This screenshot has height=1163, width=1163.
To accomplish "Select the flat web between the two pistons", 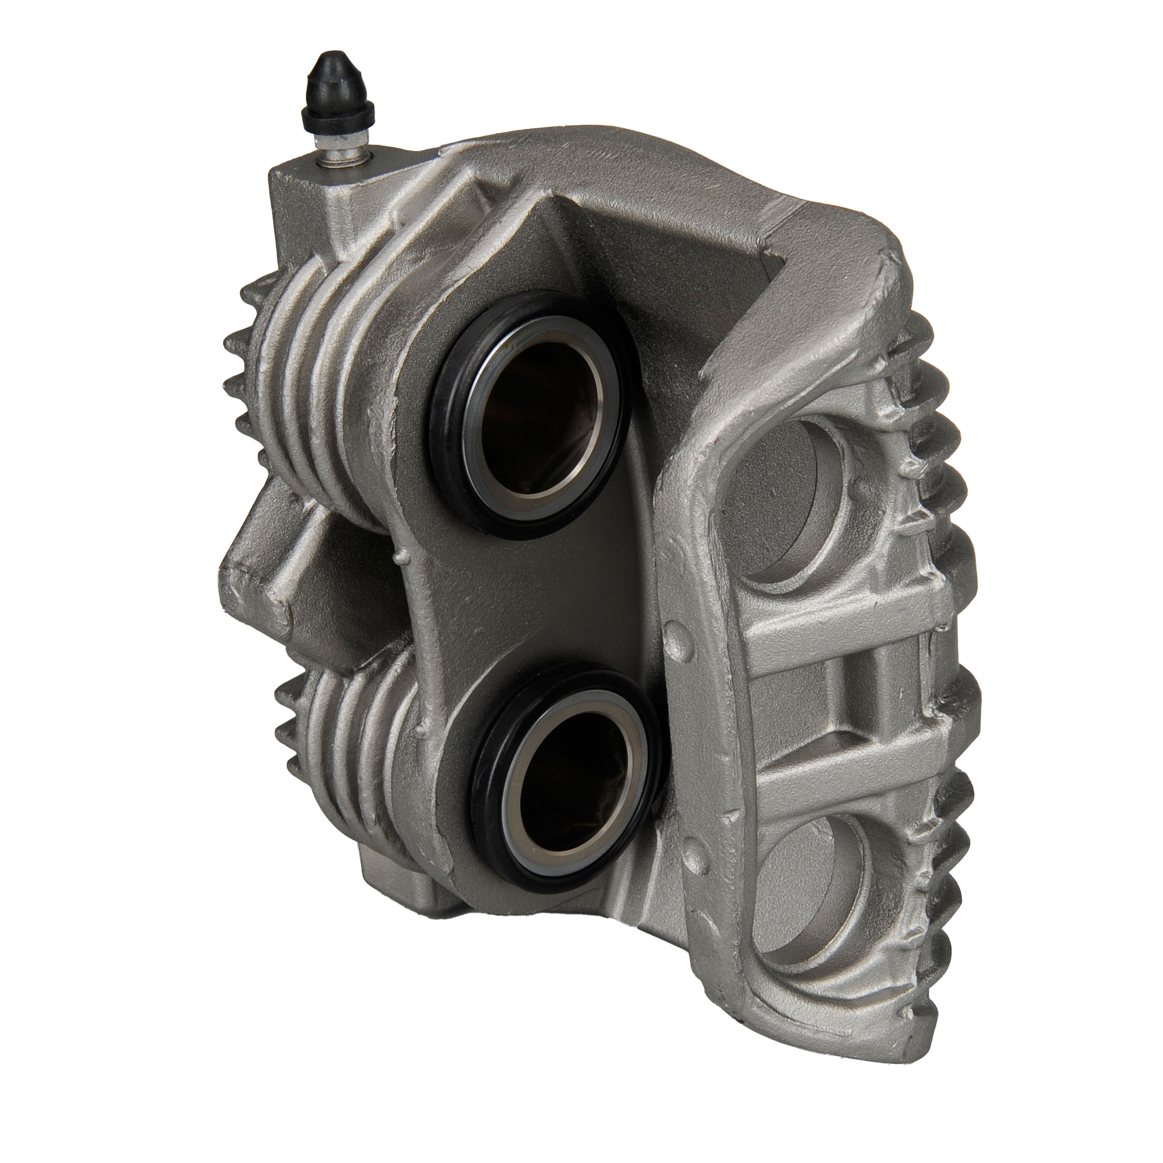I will [x=530, y=602].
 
